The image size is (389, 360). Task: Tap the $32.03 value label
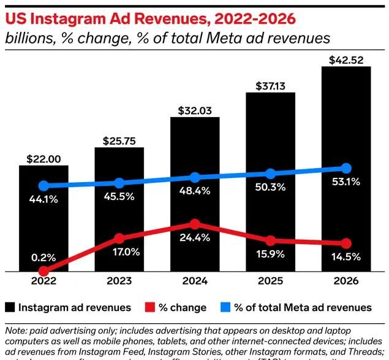(x=195, y=111)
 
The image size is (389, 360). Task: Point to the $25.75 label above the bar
(x=119, y=142)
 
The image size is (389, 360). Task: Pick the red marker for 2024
(x=195, y=224)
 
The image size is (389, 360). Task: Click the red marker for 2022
(x=43, y=270)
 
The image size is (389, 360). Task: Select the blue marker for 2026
(x=346, y=168)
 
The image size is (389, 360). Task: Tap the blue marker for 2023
(x=119, y=183)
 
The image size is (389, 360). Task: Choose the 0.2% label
(x=43, y=257)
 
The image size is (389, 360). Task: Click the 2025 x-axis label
(x=270, y=282)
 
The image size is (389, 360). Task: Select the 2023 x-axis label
(x=119, y=282)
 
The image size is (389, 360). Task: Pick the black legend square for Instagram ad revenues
(x=10, y=307)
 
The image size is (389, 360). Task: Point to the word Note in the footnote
(x=16, y=331)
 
